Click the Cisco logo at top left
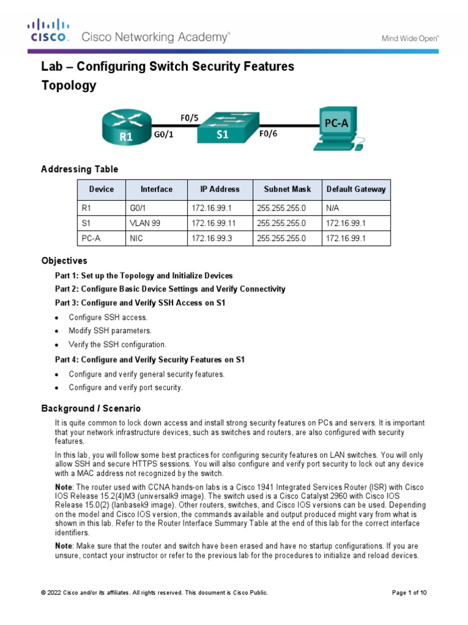(x=48, y=31)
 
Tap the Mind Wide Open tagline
(x=410, y=38)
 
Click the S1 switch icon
(x=222, y=127)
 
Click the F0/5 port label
(x=190, y=117)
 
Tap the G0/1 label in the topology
(x=163, y=135)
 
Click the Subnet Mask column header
(x=287, y=189)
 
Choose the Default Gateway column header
(x=356, y=189)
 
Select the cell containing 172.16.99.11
(x=210, y=223)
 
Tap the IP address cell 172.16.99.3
(x=208, y=239)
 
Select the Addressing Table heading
(x=79, y=169)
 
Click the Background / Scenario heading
(x=91, y=408)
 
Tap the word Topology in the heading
(x=68, y=85)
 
